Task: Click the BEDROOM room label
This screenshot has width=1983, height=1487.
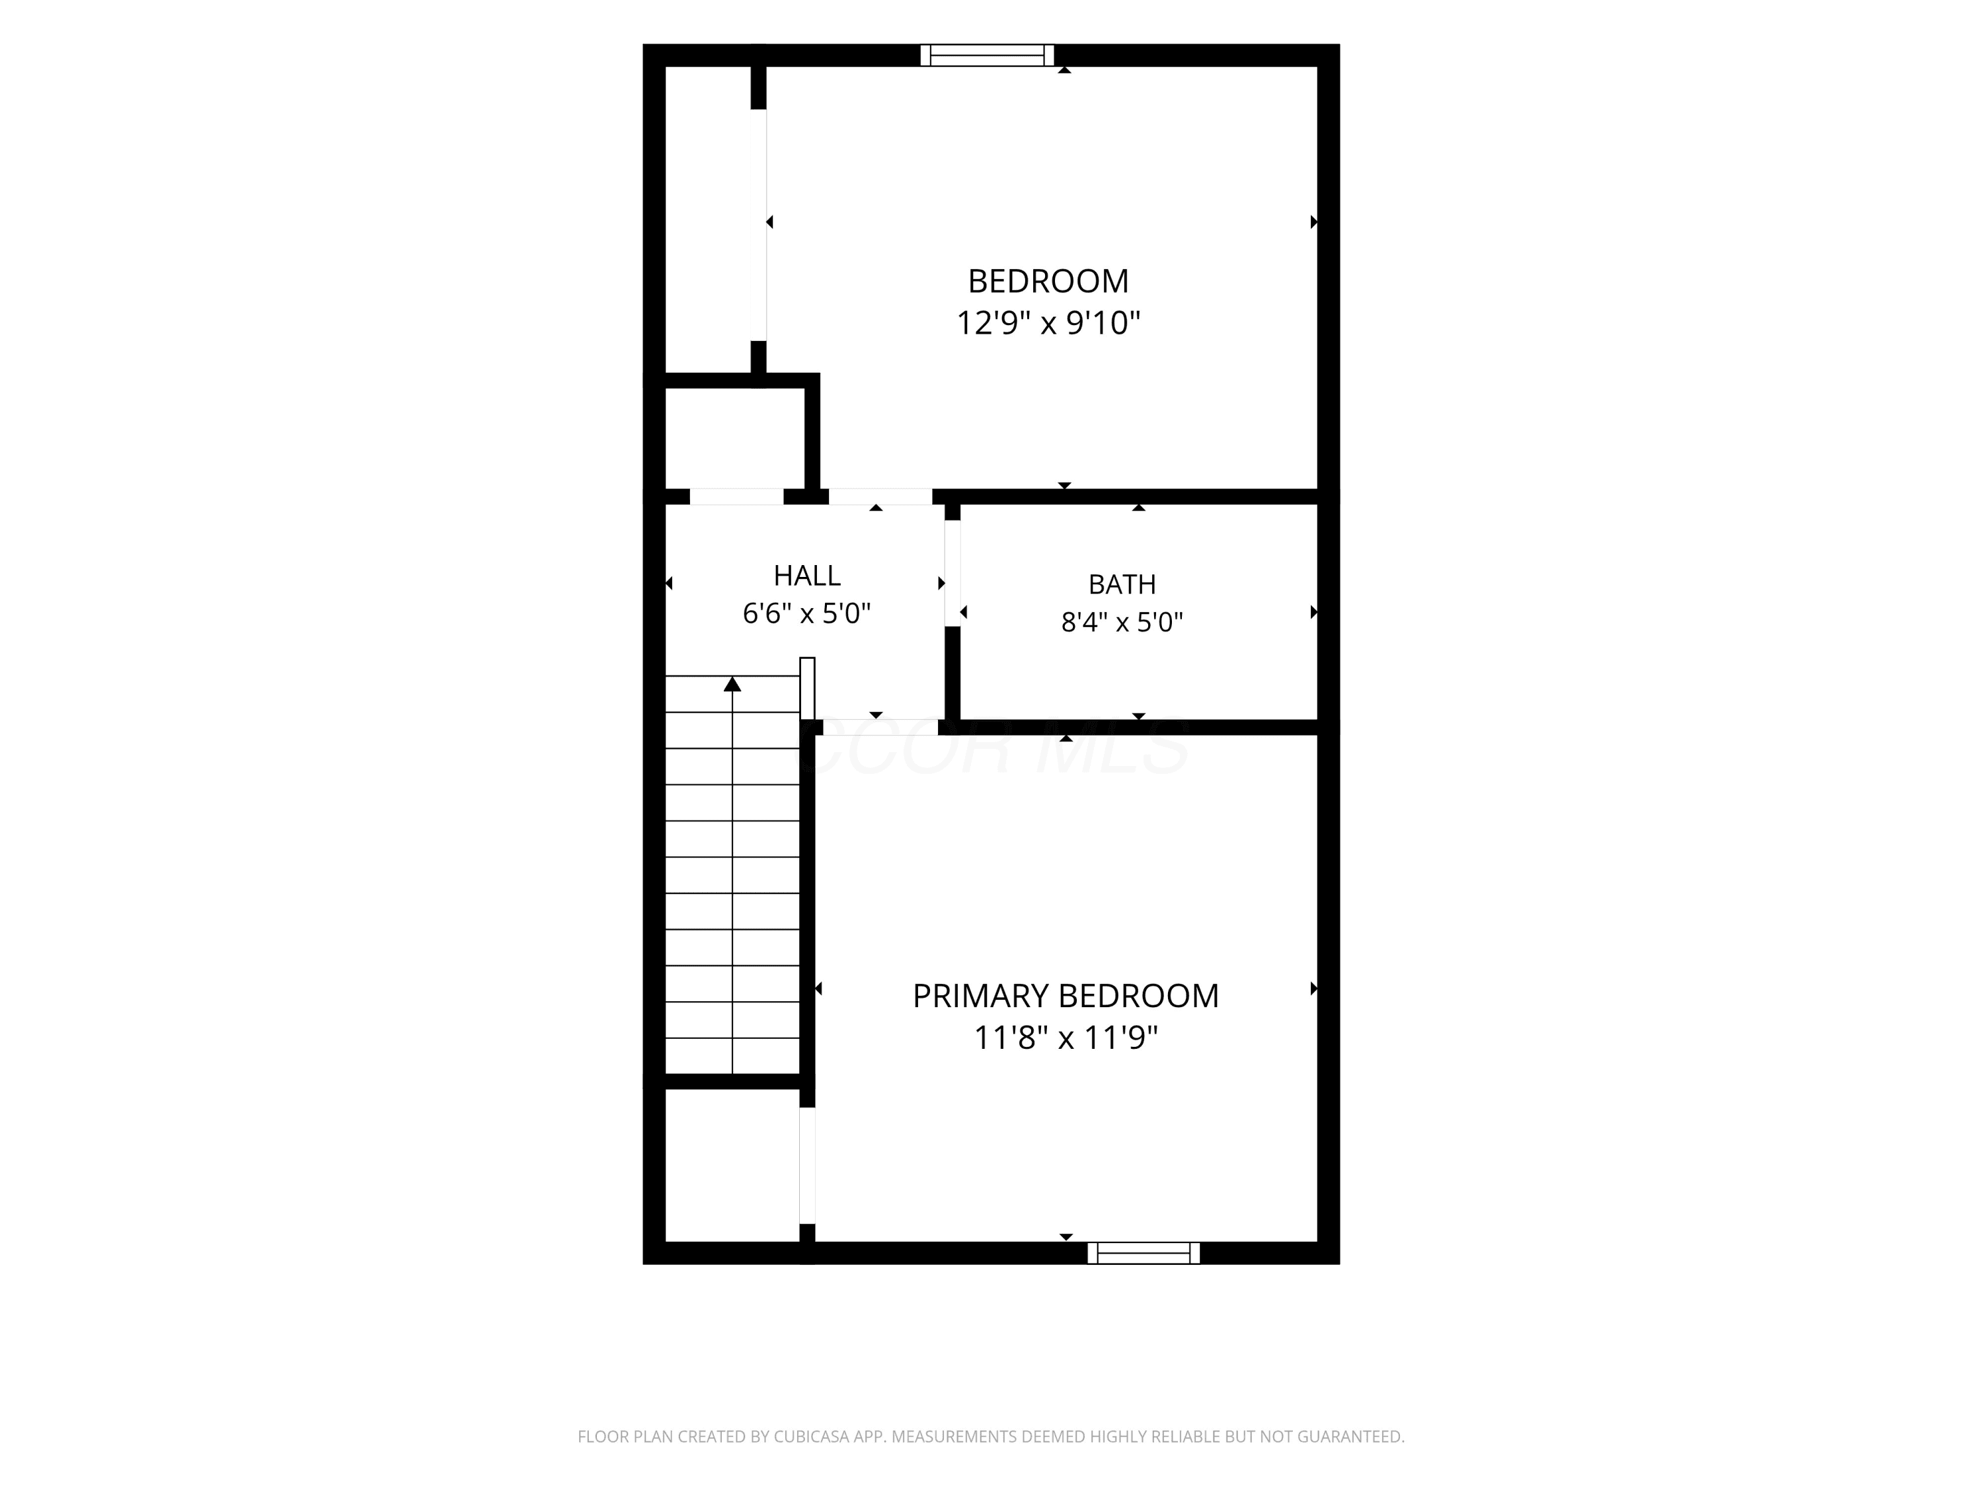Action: pos(1048,282)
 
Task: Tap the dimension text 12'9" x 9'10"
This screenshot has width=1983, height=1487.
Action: pos(1048,323)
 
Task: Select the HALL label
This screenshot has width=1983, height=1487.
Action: pos(807,576)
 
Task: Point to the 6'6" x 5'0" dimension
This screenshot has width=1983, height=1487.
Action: pos(807,614)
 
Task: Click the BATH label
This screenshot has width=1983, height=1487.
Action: pos(1122,584)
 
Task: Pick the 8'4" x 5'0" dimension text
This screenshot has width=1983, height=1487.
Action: pos(1122,622)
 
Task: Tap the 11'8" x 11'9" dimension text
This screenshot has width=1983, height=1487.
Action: pos(1066,1038)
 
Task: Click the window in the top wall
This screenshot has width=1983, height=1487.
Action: pos(987,55)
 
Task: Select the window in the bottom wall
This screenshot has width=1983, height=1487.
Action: pos(1144,1253)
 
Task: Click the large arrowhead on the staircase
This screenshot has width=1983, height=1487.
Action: pos(732,684)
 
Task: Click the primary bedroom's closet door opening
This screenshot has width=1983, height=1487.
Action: pos(807,1165)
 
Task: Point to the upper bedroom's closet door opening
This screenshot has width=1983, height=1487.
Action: pos(760,225)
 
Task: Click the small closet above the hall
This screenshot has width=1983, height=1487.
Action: pos(735,438)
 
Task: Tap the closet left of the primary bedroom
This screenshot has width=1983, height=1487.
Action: pos(732,1165)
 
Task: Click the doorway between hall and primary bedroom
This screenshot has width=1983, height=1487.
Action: pos(876,727)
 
